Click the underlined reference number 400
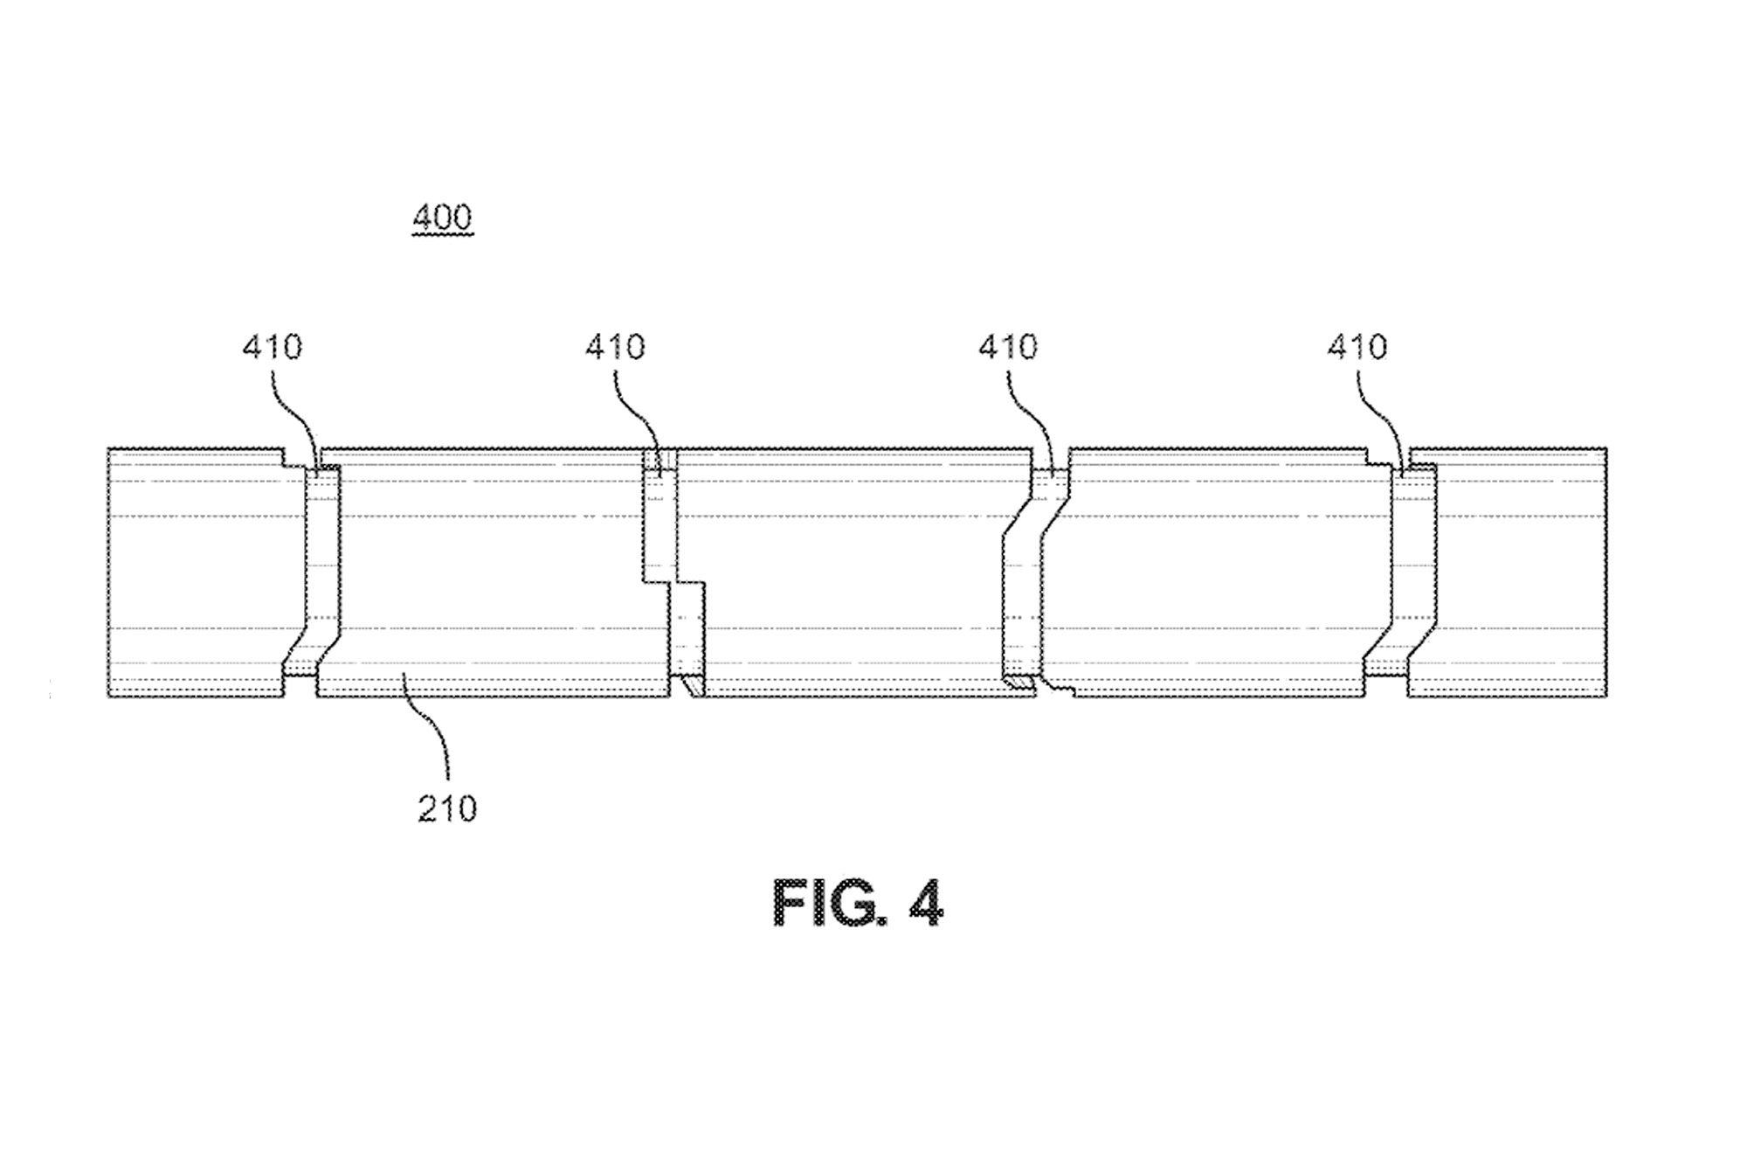tap(442, 218)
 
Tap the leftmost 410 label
tap(273, 348)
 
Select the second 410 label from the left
tap(615, 348)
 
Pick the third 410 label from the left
tap(1008, 348)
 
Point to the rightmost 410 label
tap(1357, 348)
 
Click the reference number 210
tap(447, 809)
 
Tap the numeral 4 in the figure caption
tap(926, 904)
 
